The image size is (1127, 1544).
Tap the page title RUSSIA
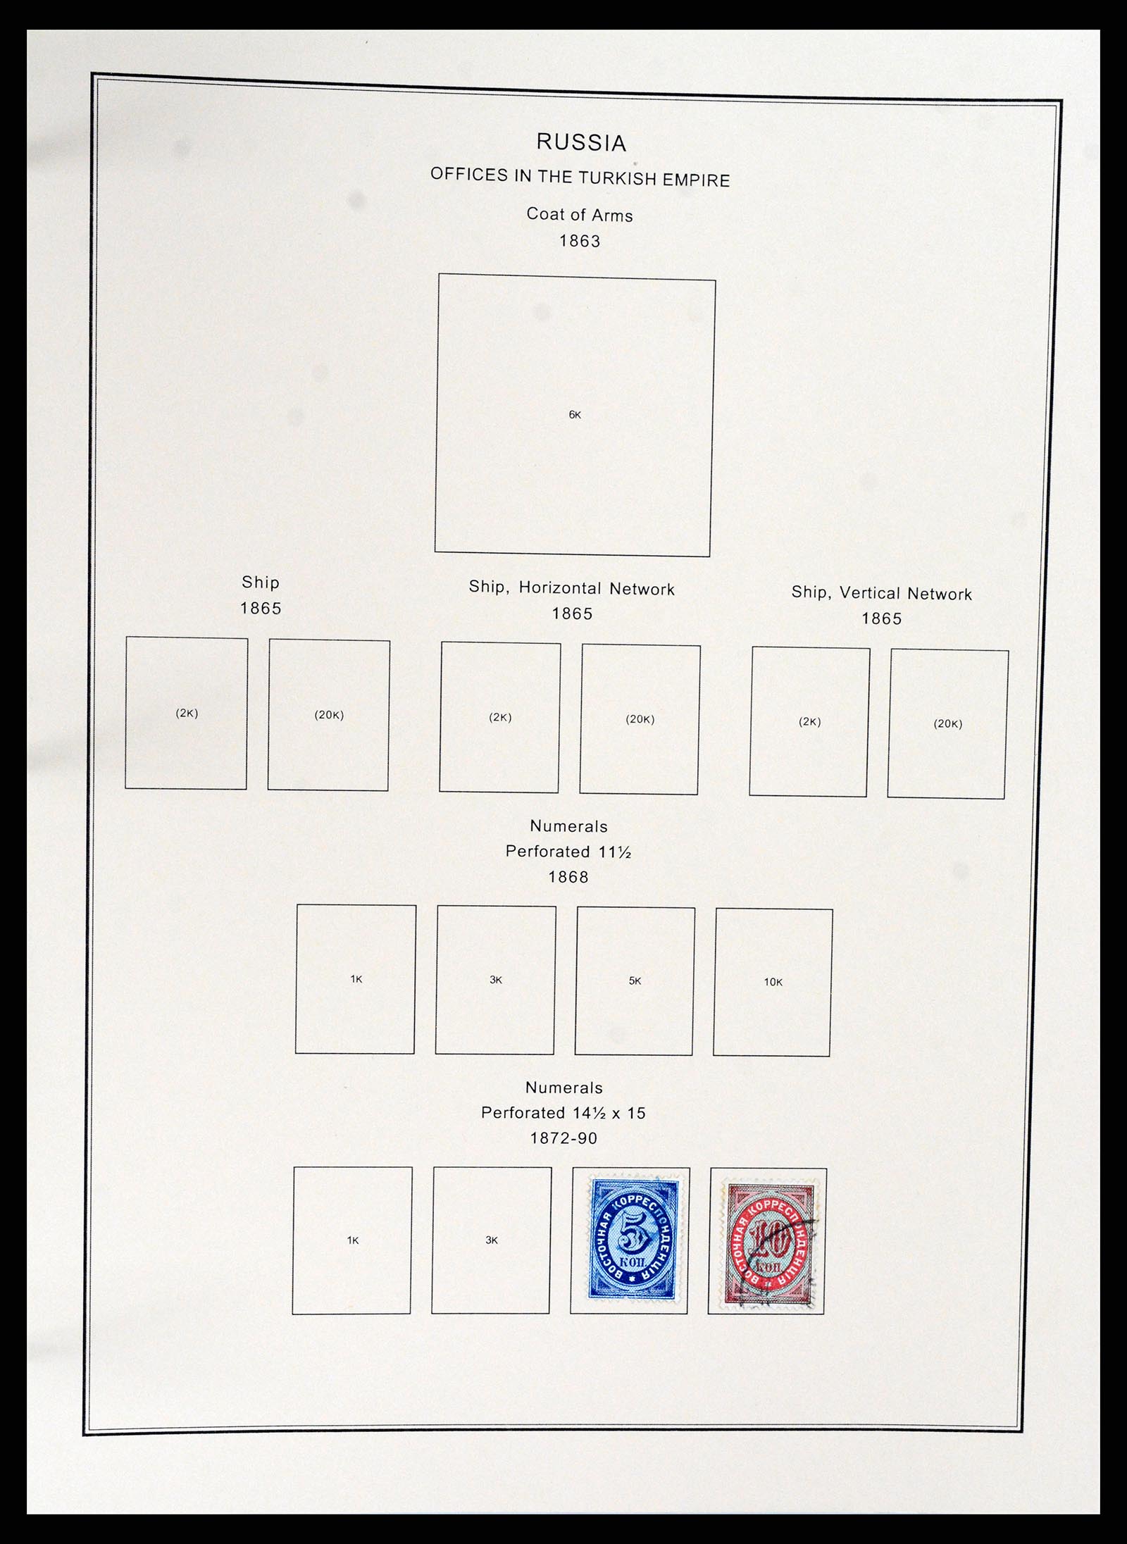click(x=581, y=142)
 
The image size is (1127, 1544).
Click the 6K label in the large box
click(x=575, y=415)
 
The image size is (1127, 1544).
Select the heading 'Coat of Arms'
click(x=580, y=215)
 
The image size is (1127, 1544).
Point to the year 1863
click(x=580, y=241)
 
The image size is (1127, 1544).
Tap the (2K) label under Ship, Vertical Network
click(x=809, y=721)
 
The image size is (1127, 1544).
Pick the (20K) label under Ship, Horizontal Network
click(x=640, y=719)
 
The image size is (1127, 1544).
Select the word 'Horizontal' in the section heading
click(x=561, y=588)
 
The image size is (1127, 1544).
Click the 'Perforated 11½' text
click(x=568, y=852)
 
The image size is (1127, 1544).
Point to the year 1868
click(x=568, y=877)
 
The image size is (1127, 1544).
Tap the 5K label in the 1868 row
click(x=635, y=980)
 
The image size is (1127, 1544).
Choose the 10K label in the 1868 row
click(x=773, y=982)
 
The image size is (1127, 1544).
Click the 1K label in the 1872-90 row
click(x=353, y=1240)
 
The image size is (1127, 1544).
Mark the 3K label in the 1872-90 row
click(x=492, y=1240)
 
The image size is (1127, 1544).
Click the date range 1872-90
click(x=563, y=1138)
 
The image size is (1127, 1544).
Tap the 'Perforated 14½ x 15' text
click(x=563, y=1113)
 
